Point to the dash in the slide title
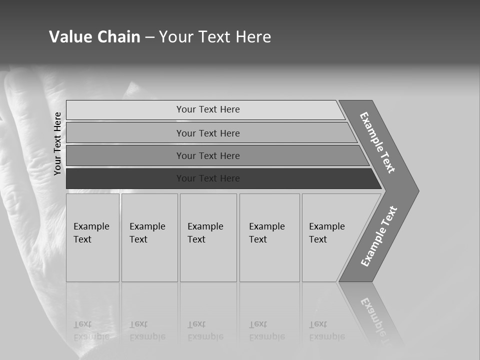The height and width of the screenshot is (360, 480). (149, 37)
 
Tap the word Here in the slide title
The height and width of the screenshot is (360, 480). (253, 37)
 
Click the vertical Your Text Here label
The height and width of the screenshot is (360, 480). (57, 144)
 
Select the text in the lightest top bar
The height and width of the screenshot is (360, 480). (208, 109)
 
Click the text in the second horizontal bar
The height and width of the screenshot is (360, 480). (208, 133)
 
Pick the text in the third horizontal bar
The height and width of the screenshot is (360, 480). (208, 156)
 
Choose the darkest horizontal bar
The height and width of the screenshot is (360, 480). (208, 178)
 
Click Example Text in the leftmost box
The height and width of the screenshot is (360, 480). (91, 233)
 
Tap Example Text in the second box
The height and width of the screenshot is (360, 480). (147, 233)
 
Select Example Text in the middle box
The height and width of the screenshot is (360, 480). (205, 233)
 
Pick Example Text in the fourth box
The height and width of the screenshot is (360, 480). (266, 233)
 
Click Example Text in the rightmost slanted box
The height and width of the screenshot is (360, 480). (326, 233)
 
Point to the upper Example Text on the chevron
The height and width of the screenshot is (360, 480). (377, 142)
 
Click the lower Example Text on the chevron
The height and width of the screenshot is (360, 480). (379, 236)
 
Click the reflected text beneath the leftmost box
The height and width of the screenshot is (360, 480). (91, 330)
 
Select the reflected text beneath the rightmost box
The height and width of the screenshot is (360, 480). (326, 330)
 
